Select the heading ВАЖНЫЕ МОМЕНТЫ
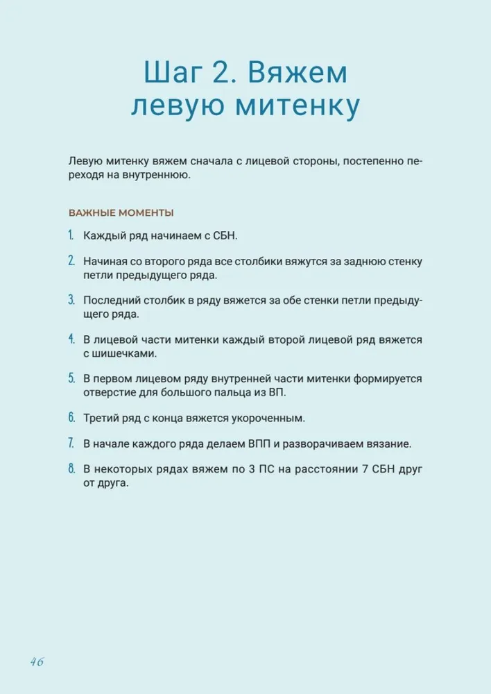[121, 212]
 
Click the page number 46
[37, 661]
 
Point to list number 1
[71, 236]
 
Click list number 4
[71, 339]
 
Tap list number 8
[71, 468]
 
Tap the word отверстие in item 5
[108, 392]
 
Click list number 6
[71, 418]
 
